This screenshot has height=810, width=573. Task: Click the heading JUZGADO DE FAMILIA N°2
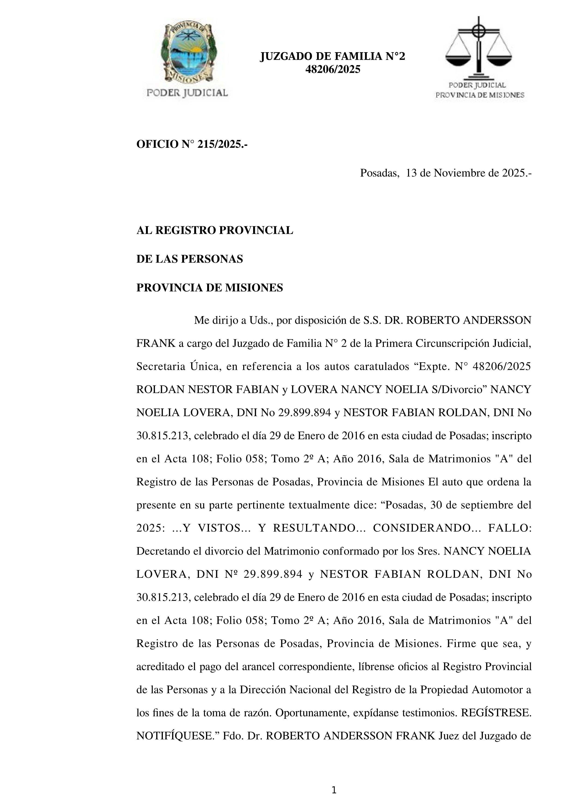coord(332,56)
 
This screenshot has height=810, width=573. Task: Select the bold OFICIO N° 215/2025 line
coord(192,144)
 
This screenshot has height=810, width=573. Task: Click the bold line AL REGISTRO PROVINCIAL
coord(215,230)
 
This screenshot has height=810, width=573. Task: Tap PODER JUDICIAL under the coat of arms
coord(187,93)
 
